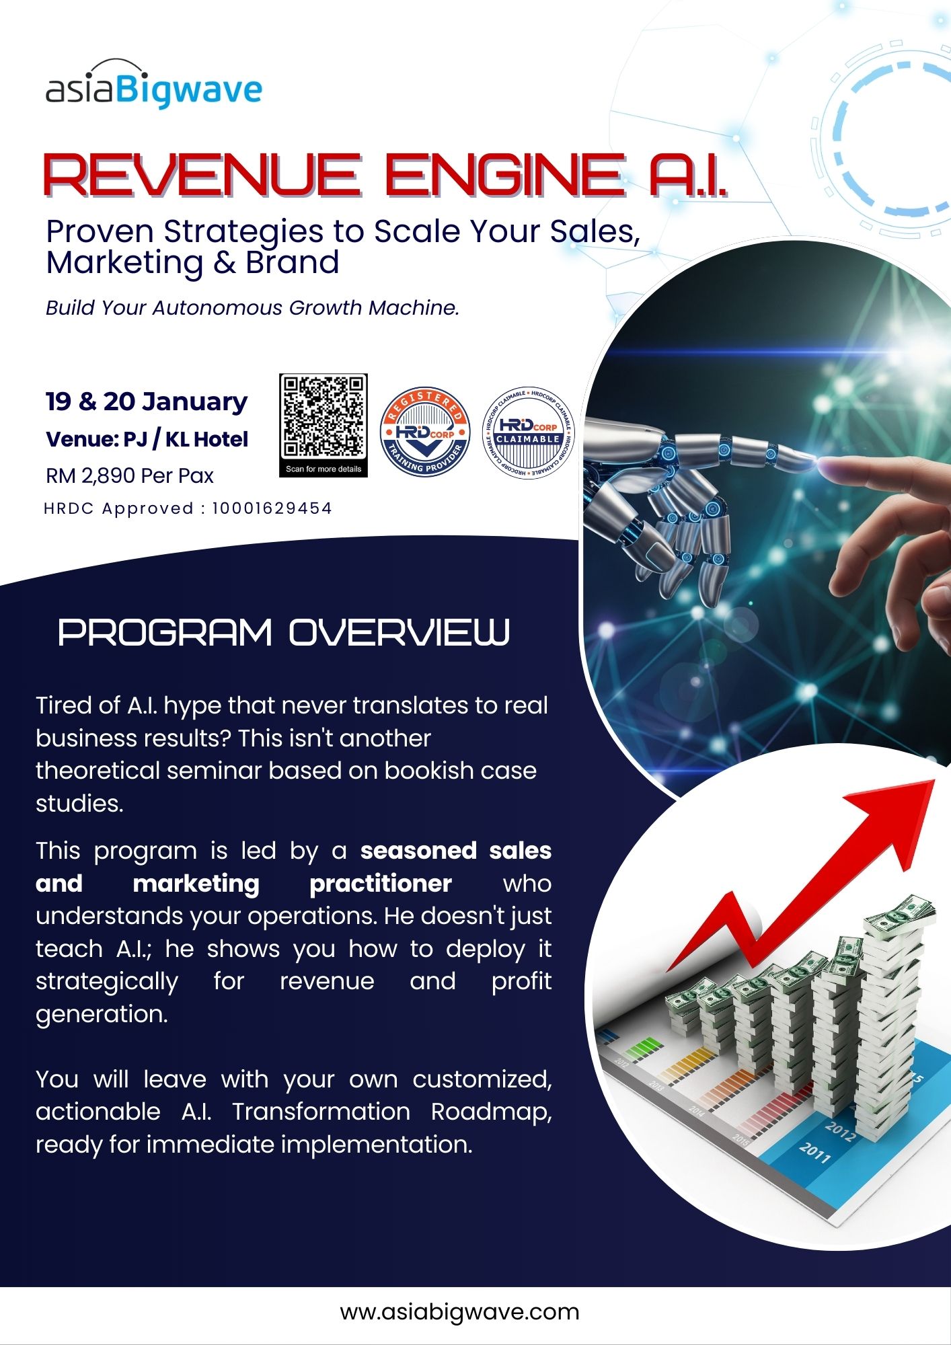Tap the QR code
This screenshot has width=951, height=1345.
(x=324, y=417)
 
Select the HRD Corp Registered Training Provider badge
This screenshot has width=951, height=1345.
(x=425, y=431)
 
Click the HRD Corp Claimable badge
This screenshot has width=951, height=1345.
(x=529, y=434)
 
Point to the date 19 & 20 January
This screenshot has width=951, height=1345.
(x=147, y=401)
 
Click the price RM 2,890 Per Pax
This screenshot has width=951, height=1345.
(x=130, y=475)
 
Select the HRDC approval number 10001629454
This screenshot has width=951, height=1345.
(x=272, y=508)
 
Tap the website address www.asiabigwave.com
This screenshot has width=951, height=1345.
(x=459, y=1311)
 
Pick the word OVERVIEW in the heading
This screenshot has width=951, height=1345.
(x=400, y=632)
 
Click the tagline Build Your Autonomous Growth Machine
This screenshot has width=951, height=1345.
(x=252, y=307)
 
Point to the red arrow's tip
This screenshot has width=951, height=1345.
(x=935, y=780)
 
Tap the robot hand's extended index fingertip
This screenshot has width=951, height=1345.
(x=814, y=461)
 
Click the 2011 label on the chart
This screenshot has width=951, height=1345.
(x=815, y=1153)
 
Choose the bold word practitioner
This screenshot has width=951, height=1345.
(x=381, y=884)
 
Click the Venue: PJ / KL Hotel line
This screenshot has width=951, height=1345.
(x=147, y=439)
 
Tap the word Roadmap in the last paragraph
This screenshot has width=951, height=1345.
(x=492, y=1112)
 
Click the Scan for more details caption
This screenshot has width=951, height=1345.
(x=324, y=469)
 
